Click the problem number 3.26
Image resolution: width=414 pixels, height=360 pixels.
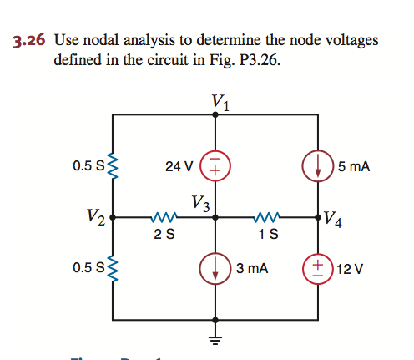tap(28, 39)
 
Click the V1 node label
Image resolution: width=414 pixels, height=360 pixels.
tap(221, 102)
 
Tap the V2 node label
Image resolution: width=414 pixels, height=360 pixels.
tap(95, 219)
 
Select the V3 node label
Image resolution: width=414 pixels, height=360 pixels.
tap(199, 202)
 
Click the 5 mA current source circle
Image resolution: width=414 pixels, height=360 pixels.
tap(318, 165)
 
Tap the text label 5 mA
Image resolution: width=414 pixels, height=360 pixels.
tap(355, 166)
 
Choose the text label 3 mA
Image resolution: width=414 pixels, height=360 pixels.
tap(251, 269)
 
